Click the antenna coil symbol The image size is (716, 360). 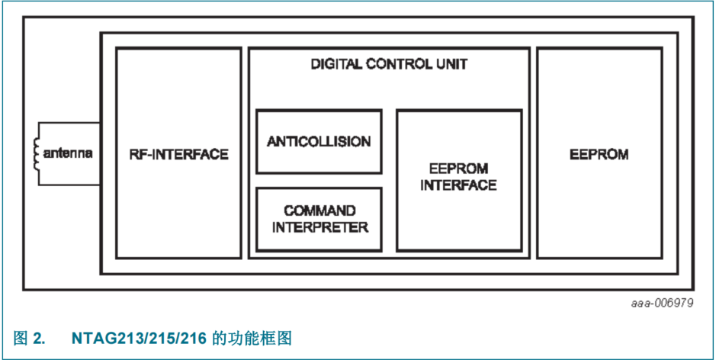coord(35,153)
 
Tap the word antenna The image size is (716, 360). coord(68,153)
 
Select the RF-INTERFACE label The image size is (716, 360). coord(178,154)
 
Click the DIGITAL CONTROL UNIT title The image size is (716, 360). coord(389,64)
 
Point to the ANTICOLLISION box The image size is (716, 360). coord(319,142)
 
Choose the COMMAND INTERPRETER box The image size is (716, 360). coord(319,219)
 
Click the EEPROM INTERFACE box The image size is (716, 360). coord(459,180)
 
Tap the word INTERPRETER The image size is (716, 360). coord(319,227)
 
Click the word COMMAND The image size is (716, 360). coord(319,211)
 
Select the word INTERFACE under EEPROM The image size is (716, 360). coord(459,185)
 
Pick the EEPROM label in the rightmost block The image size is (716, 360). coord(599,154)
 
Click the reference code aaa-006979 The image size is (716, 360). coord(662,303)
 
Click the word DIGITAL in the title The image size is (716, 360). coord(336,64)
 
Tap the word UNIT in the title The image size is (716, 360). coord(452,64)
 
